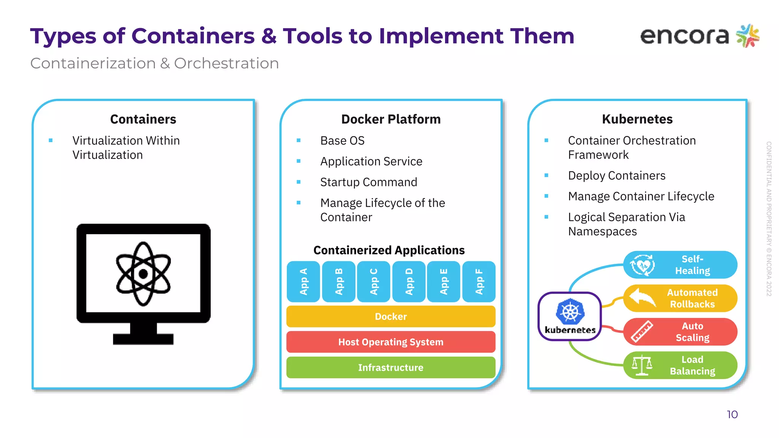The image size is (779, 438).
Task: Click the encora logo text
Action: coord(684,36)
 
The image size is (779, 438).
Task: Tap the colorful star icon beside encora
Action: coord(747,36)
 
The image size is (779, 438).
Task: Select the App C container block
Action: coord(374,282)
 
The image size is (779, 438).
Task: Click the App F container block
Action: coord(479,282)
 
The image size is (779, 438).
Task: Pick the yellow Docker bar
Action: coord(391,316)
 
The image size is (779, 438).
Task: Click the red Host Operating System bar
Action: coord(391,342)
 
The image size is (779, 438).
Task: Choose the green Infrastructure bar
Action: coord(391,367)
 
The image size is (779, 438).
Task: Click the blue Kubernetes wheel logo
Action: coord(570,312)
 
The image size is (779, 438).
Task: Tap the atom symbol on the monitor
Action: coord(143,274)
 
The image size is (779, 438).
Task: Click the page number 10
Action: coord(732,414)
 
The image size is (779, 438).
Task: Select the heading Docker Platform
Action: coord(391,119)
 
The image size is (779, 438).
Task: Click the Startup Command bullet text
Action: coord(368,182)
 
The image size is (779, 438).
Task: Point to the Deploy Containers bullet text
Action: coord(617,176)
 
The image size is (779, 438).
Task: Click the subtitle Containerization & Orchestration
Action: coord(154,63)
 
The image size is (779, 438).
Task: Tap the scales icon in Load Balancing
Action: coord(642,365)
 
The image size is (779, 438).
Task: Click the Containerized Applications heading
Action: coord(389,250)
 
